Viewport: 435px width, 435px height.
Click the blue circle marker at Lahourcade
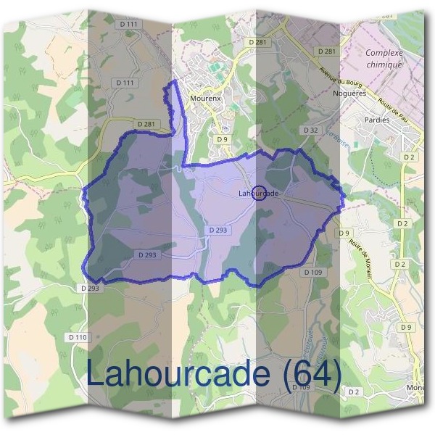pyautogui.click(x=262, y=193)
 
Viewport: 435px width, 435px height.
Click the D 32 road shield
pyautogui.click(x=311, y=130)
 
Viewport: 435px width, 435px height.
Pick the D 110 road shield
pyautogui.click(x=77, y=337)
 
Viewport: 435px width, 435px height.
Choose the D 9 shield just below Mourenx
pyautogui.click(x=222, y=138)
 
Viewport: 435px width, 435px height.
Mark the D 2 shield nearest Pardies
pyautogui.click(x=410, y=157)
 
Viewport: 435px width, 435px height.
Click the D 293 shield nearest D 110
pyautogui.click(x=90, y=288)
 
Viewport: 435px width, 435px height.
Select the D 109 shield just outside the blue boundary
pyautogui.click(x=312, y=272)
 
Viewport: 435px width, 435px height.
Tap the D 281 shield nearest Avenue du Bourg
pyautogui.click(x=327, y=51)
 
